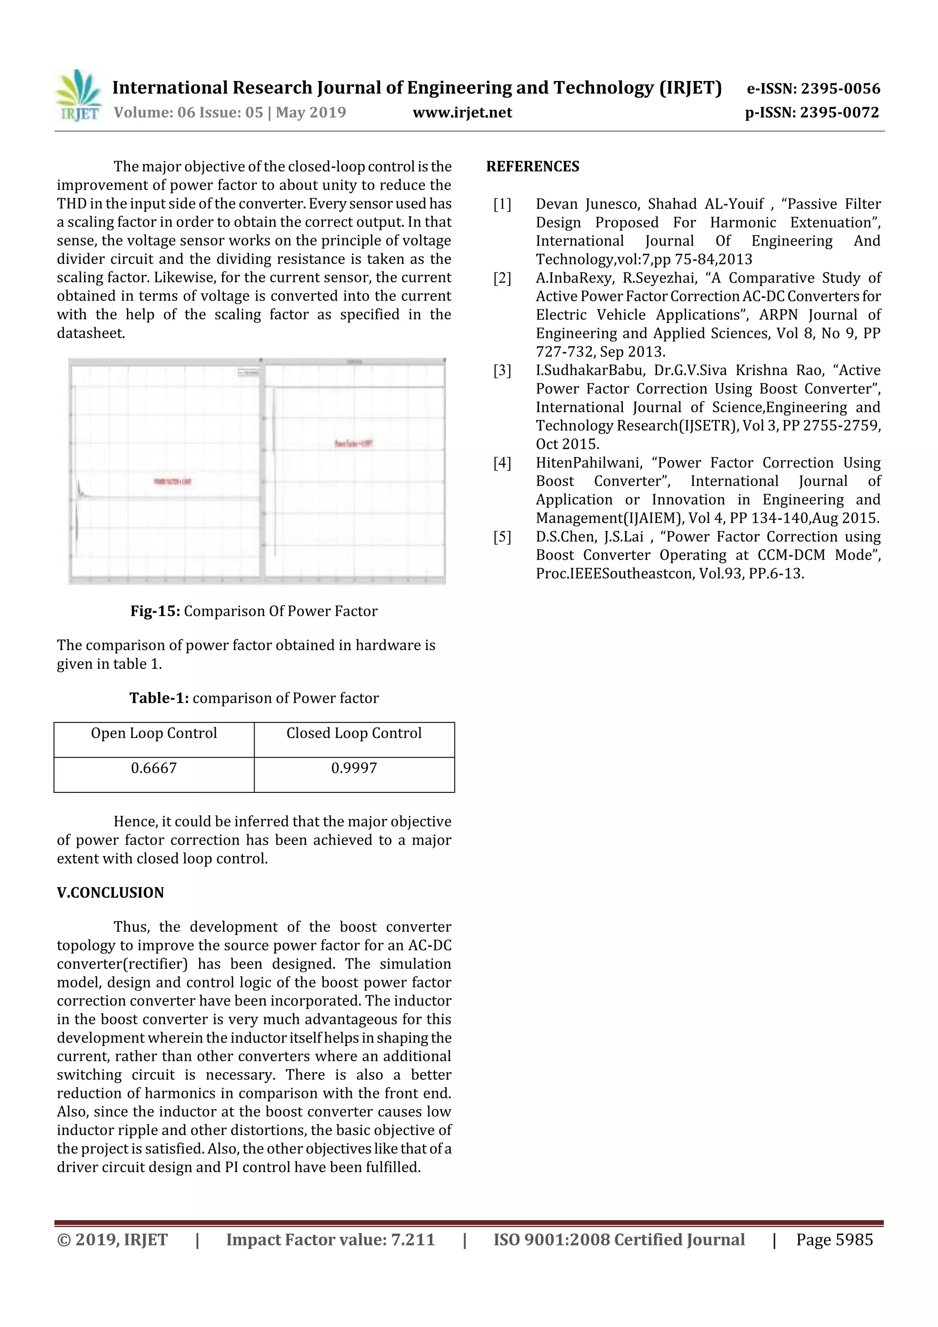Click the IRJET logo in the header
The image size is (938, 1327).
[x=78, y=96]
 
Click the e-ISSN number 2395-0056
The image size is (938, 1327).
[x=840, y=88]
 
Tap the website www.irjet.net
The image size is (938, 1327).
[x=462, y=112]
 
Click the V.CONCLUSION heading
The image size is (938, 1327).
[x=110, y=892]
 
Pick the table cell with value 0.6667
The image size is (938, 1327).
[x=154, y=768]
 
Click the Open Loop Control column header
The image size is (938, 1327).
[x=154, y=733]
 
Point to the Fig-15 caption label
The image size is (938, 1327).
[x=155, y=611]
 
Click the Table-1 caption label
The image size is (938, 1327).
[x=159, y=698]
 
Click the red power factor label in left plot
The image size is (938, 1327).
[x=172, y=481]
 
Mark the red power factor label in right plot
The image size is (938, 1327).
[x=354, y=443]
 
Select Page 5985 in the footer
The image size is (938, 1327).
[x=834, y=1239]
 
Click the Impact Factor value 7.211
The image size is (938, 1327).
[x=413, y=1239]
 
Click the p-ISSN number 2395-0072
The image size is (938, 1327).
[x=839, y=112]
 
